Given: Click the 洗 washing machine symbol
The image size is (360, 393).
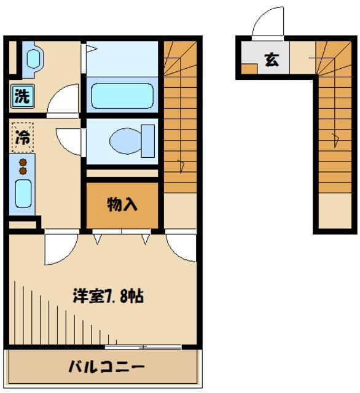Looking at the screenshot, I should pyautogui.click(x=22, y=96).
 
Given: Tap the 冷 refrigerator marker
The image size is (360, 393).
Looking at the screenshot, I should pyautogui.click(x=22, y=137).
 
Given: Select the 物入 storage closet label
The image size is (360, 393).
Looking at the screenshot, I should pyautogui.click(x=122, y=205).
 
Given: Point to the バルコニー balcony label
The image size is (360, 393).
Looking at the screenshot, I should pyautogui.click(x=106, y=368).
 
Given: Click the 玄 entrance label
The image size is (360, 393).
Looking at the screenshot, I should pyautogui.click(x=271, y=60).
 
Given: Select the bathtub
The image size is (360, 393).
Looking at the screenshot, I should pyautogui.click(x=122, y=96).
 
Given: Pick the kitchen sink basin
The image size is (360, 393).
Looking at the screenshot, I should pyautogui.click(x=23, y=194).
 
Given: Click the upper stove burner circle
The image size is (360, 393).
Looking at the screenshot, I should pyautogui.click(x=23, y=162).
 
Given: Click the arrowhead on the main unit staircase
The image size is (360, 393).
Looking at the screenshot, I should pyautogui.click(x=181, y=165).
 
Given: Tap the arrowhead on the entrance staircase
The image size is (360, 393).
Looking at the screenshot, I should pyautogui.click(x=335, y=139).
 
